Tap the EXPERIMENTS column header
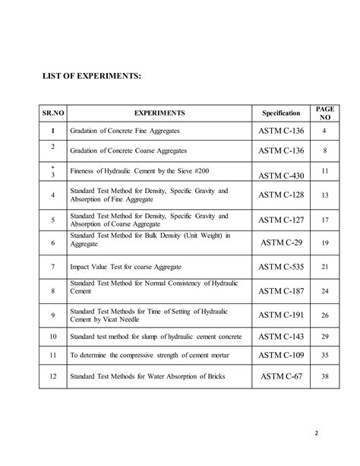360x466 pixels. (x=160, y=113)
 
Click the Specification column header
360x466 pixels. (x=281, y=113)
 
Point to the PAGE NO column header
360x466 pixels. (x=324, y=113)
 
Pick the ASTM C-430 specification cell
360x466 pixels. (x=282, y=176)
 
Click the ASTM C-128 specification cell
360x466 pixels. (x=282, y=195)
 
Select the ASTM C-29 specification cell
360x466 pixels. (x=282, y=243)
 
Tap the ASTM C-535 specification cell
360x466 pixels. (x=282, y=267)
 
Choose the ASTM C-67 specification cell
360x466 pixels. (x=282, y=376)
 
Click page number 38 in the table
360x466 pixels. (x=325, y=376)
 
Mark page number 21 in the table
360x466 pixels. (x=325, y=267)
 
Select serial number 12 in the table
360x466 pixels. (x=52, y=376)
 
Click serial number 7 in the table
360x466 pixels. (x=52, y=267)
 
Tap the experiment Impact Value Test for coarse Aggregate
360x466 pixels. (x=126, y=267)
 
